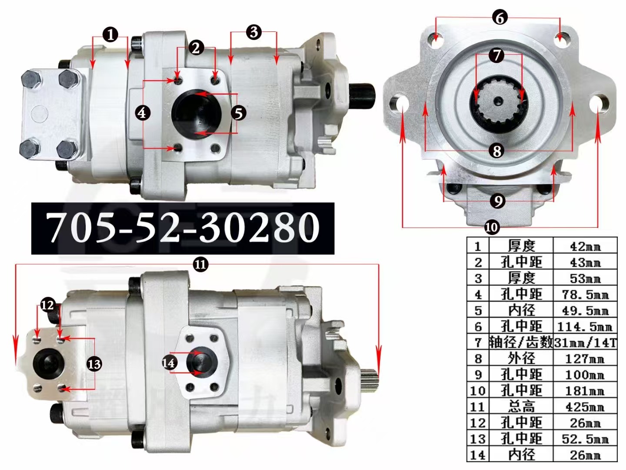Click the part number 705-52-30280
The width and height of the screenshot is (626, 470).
(183, 227)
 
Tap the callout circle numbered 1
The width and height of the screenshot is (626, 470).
(110, 34)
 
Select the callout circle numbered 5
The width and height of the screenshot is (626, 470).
(238, 113)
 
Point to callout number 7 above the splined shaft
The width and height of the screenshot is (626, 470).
(496, 55)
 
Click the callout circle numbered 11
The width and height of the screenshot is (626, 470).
(200, 265)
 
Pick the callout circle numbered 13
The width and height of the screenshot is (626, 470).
(94, 364)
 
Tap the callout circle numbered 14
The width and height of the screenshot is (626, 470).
(169, 363)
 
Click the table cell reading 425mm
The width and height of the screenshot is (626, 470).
(585, 407)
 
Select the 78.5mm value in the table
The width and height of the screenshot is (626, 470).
(585, 295)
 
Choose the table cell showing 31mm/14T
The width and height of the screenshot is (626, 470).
(585, 342)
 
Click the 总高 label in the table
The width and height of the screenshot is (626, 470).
(521, 407)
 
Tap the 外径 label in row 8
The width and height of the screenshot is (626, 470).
(521, 359)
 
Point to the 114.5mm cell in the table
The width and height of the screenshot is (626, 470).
(585, 326)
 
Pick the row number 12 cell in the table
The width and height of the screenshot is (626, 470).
(477, 423)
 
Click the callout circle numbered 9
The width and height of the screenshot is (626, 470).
(497, 201)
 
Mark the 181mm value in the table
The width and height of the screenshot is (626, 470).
(585, 391)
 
